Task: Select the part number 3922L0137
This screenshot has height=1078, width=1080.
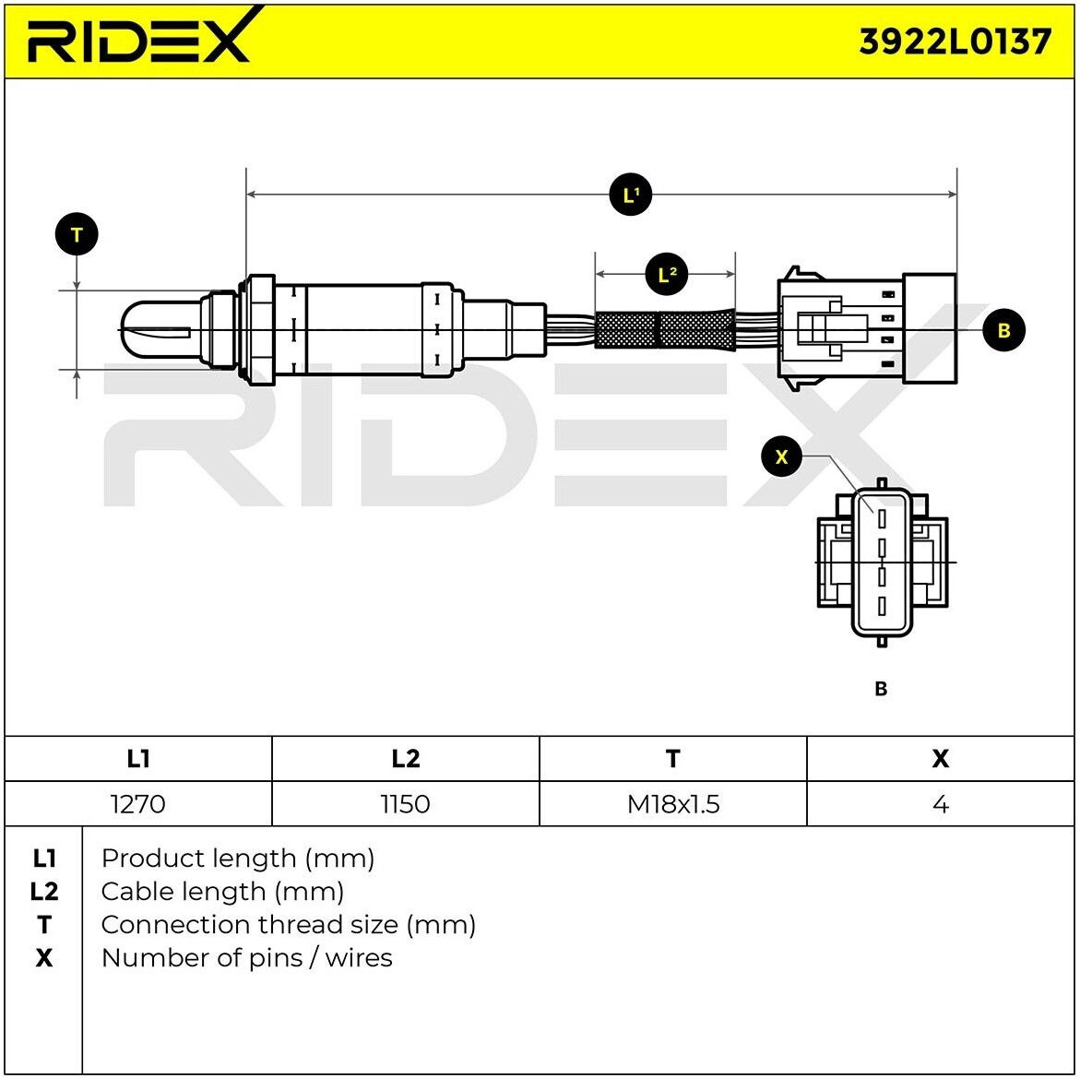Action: [955, 42]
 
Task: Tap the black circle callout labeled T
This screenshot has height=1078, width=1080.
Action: [77, 234]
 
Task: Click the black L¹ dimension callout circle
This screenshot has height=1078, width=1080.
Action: [631, 195]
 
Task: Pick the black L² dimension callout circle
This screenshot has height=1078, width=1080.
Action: [668, 274]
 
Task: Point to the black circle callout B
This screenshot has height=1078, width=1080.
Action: [1003, 330]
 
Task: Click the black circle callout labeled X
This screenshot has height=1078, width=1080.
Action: [782, 456]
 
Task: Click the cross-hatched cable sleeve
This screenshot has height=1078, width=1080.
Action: [664, 329]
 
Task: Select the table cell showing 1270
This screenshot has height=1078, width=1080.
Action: [137, 804]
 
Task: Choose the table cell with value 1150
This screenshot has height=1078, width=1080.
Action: [405, 804]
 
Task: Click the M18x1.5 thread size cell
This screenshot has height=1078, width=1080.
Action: [673, 804]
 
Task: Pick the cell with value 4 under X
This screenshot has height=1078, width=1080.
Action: [940, 804]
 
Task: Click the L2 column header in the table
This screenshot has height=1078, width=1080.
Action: [405, 758]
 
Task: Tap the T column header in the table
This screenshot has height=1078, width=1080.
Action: [673, 758]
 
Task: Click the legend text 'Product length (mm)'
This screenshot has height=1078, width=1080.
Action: [238, 859]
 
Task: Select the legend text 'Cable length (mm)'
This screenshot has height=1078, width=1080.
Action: [222, 892]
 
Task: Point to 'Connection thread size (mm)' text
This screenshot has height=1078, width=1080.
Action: [289, 924]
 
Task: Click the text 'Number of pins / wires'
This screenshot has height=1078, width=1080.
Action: [246, 957]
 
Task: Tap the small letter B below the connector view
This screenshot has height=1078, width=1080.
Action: [880, 689]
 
